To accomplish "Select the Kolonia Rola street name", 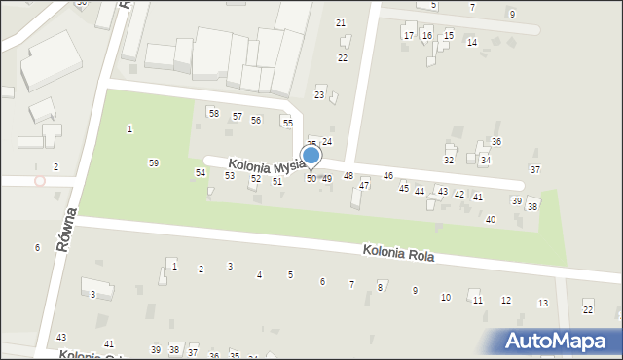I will (398, 254).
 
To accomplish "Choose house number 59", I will (154, 162).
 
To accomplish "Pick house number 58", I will (213, 114).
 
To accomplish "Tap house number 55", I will (287, 123).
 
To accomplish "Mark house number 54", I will (201, 172).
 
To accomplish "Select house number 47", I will (364, 185).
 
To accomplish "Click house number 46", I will (388, 175).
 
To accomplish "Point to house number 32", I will (449, 160).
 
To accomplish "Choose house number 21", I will (341, 22).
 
